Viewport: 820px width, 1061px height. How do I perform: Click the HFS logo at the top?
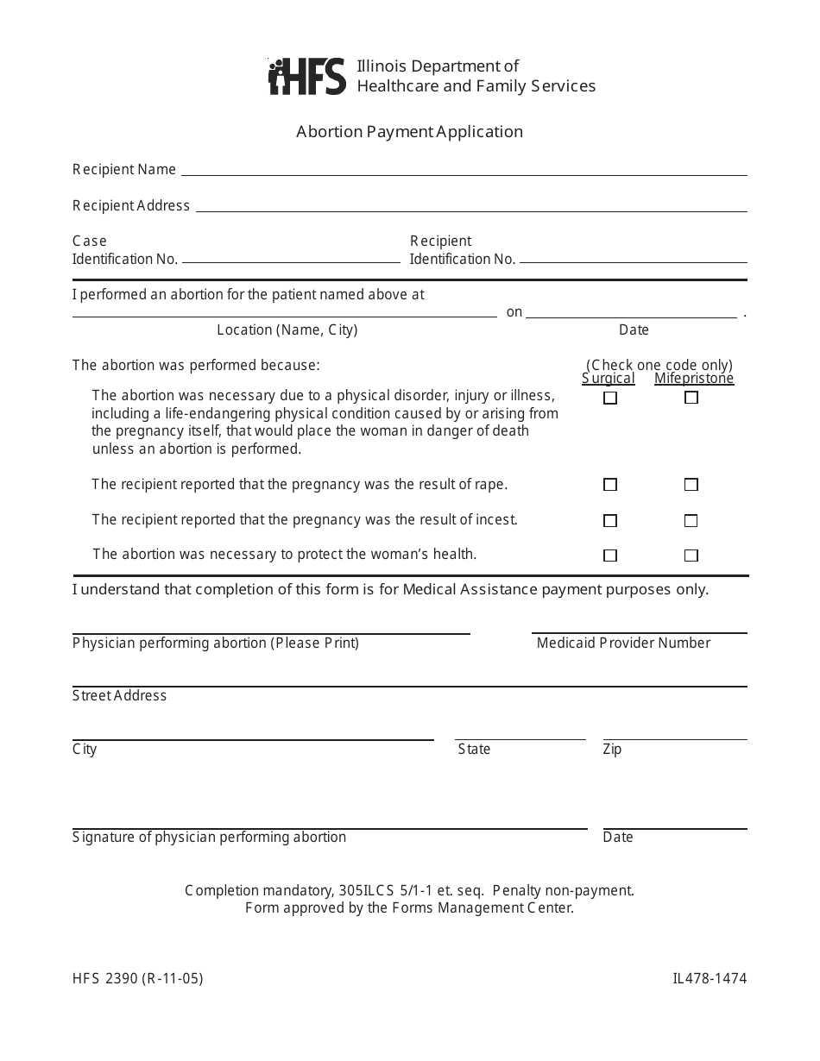tap(307, 77)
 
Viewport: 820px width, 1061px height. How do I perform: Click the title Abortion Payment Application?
tap(409, 132)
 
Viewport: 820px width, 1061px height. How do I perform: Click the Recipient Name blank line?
tap(464, 170)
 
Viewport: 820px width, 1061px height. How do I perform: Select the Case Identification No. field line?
tap(291, 257)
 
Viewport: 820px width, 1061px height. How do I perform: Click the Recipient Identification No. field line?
tap(633, 257)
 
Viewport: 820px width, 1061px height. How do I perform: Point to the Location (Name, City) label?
tap(287, 330)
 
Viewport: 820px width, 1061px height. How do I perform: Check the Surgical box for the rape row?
tap(610, 485)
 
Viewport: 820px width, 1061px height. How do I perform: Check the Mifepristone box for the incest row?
tap(691, 521)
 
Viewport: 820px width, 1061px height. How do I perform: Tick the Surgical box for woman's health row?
tap(610, 556)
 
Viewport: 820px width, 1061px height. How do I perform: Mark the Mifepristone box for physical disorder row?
tap(691, 398)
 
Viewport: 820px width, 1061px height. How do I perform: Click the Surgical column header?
tap(609, 379)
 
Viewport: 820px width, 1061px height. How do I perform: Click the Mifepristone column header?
tap(694, 379)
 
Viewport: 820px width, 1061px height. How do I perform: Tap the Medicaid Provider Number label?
tap(623, 644)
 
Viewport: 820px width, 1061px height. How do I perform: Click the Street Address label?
tap(119, 696)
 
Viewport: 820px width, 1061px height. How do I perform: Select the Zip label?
tap(612, 750)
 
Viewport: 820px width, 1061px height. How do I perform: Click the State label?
tap(474, 750)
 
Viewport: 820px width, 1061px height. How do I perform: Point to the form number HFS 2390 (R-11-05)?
tap(138, 979)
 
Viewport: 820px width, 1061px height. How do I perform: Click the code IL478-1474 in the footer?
tap(710, 979)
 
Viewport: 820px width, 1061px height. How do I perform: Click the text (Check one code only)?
tap(659, 365)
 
